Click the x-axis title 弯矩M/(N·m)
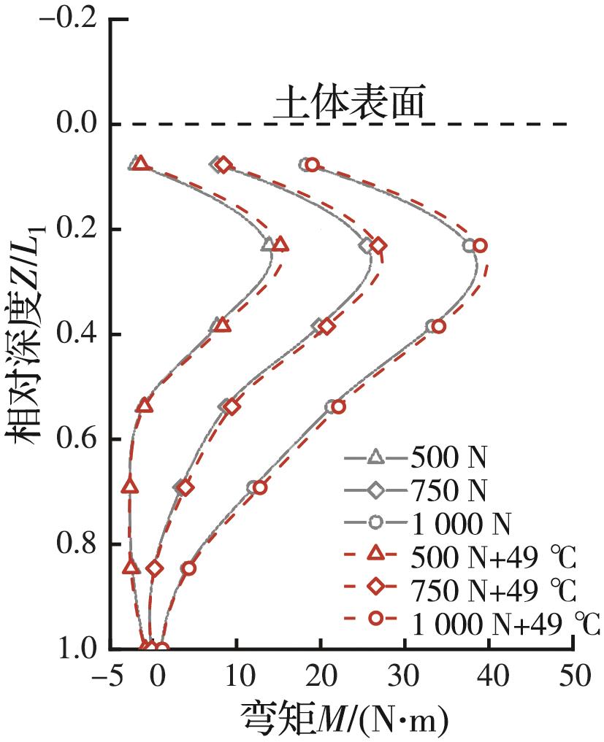(x=343, y=719)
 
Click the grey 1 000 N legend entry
(x=460, y=523)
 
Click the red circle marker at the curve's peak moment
(x=480, y=246)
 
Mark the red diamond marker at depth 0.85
(x=154, y=568)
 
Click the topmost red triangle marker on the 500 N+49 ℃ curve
(x=140, y=163)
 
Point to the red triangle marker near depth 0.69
(x=130, y=485)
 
